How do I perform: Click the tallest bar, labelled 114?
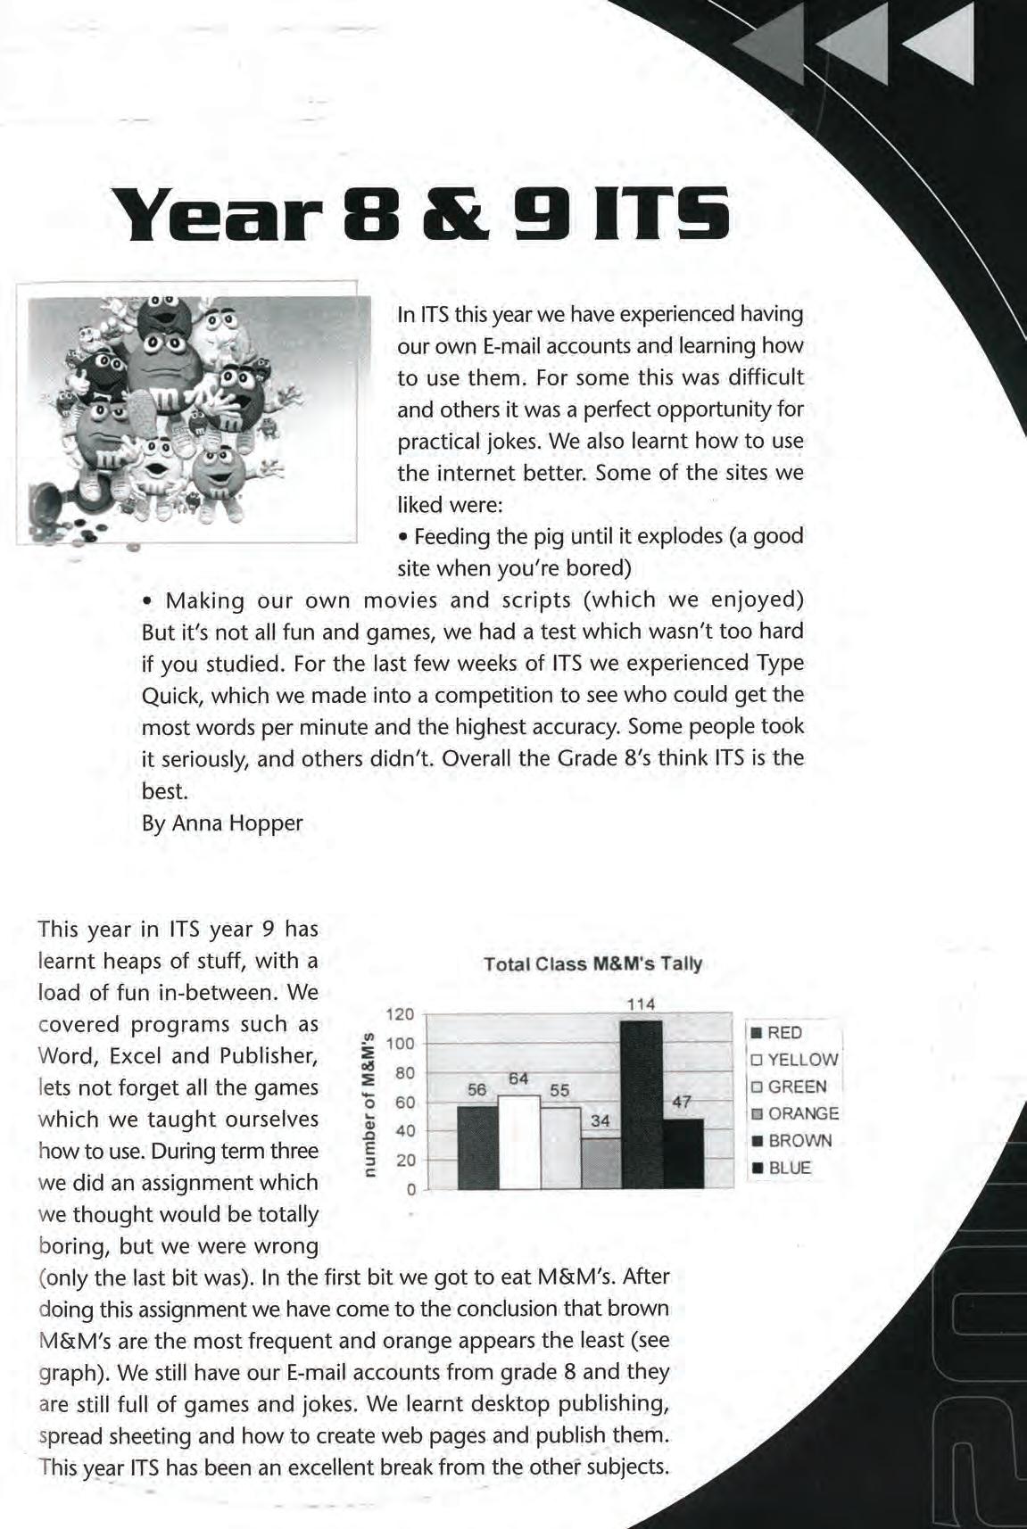coord(642,1104)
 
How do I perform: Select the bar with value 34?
coord(600,1162)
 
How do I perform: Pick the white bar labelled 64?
coord(519,1141)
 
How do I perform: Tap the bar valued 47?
coord(683,1153)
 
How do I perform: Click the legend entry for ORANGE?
coord(794,1113)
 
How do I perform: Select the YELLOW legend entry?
coord(794,1060)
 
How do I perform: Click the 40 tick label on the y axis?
coord(405,1131)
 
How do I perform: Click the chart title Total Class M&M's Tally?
coord(592,963)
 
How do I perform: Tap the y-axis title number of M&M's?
coord(365,1103)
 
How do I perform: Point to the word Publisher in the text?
coord(268,1056)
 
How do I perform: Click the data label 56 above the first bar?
coord(477,1090)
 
